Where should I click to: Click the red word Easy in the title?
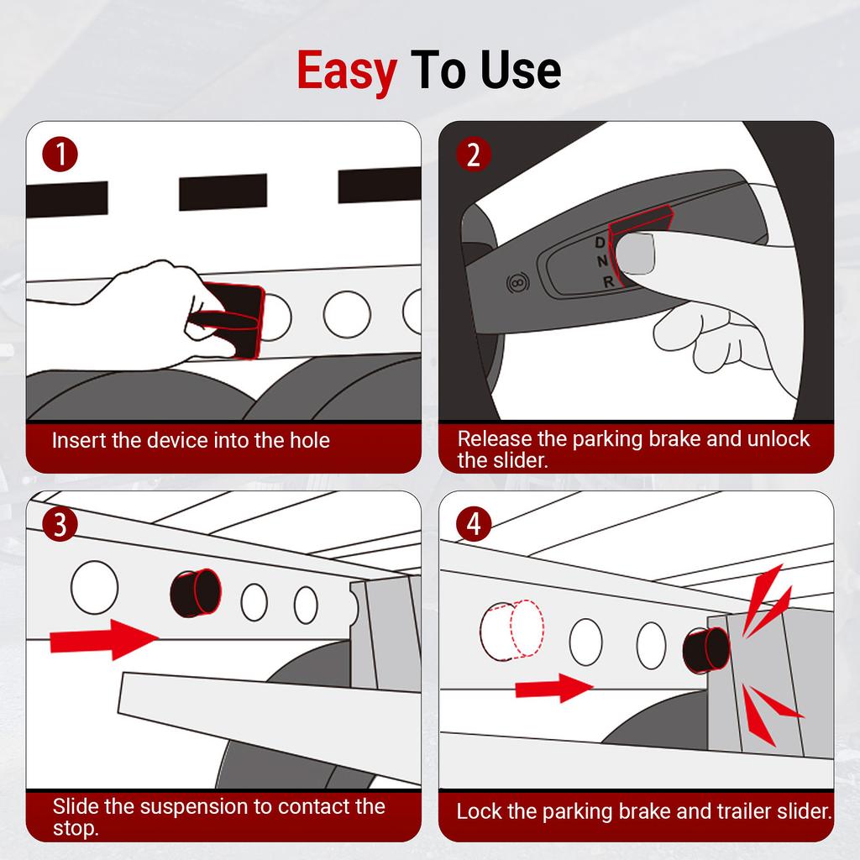point(347,71)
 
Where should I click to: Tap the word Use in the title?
point(521,70)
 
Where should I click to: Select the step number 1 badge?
point(60,155)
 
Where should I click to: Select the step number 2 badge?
point(474,155)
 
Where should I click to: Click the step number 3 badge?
point(60,524)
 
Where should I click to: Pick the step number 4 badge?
point(474,524)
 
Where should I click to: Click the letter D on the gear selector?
point(600,242)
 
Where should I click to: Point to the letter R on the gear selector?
point(608,282)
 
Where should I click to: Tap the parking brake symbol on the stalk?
point(517,283)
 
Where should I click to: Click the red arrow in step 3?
point(104,639)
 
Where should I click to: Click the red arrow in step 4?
point(554,688)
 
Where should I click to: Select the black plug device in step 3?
point(196,593)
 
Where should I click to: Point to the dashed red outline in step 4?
point(512,630)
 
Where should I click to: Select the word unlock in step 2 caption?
point(779,438)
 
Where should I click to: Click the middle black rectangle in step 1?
point(223,192)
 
